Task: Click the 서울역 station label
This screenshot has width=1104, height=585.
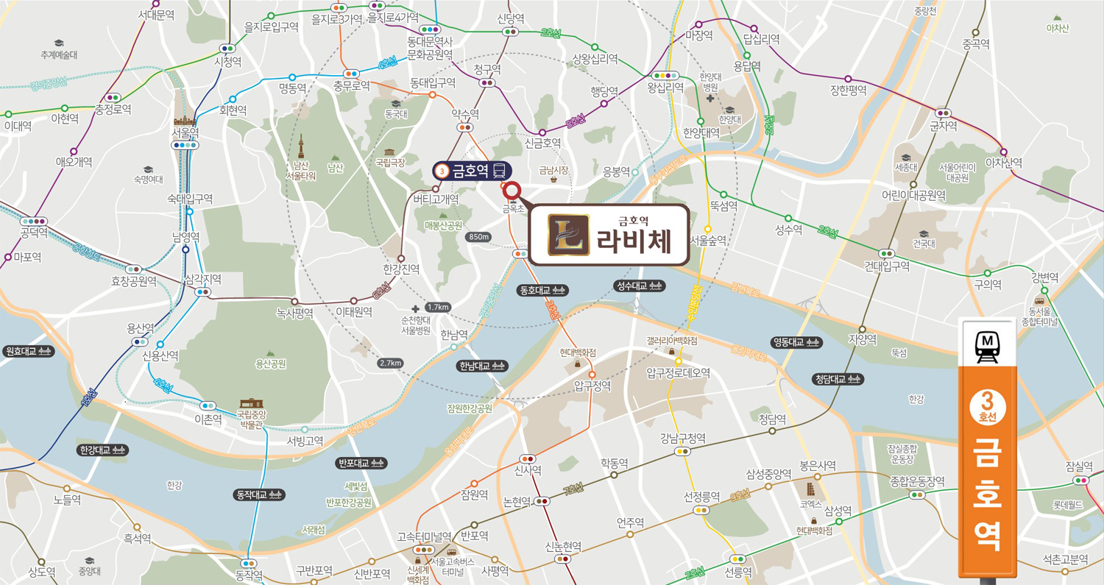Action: point(185,133)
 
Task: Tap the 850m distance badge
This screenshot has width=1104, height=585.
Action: point(478,237)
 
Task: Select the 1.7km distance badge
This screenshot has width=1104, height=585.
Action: point(437,307)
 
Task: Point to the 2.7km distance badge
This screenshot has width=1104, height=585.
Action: point(390,363)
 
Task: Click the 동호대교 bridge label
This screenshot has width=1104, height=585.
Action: point(542,289)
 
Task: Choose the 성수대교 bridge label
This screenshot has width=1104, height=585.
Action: point(639,286)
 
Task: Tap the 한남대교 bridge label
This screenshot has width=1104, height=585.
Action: point(482,366)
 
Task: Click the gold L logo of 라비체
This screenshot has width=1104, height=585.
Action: point(569,234)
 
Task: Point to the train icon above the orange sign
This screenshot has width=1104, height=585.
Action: point(986,347)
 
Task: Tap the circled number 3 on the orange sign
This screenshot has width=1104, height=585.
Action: point(987,402)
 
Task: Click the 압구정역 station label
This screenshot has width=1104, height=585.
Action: point(592,386)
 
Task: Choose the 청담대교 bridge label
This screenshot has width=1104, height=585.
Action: point(838,379)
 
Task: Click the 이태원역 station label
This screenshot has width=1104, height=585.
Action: point(353,312)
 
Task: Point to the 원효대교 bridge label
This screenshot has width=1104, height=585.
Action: point(28,352)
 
